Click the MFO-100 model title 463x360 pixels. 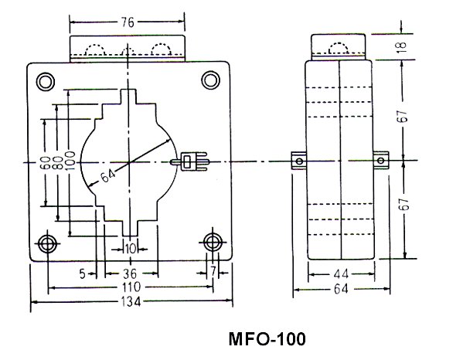(x=268, y=339)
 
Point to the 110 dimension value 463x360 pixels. (x=129, y=287)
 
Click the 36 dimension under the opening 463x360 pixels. (x=129, y=273)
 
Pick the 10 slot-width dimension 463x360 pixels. (x=129, y=249)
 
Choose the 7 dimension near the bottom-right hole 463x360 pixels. (x=213, y=273)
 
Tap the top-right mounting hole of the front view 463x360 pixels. (x=211, y=79)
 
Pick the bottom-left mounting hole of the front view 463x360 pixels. (x=46, y=243)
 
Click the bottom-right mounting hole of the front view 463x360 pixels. (x=211, y=243)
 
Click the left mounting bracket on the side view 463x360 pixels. (x=298, y=161)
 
